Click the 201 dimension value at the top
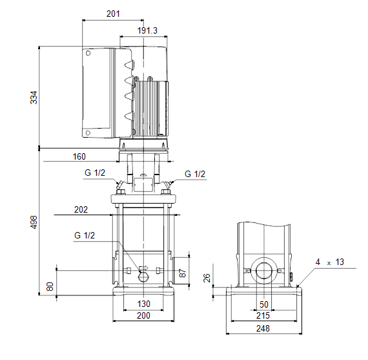113,14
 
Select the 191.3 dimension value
147,30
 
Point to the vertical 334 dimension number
34,98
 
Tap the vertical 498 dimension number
34,222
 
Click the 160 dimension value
79,157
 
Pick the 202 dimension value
81,209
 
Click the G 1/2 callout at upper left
95,173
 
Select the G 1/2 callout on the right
195,174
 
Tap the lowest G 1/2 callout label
85,235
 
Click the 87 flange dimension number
182,273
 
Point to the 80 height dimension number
50,287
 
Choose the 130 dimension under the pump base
143,304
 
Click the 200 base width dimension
143,315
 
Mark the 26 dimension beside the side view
207,278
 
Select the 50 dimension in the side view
264,304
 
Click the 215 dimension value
263,315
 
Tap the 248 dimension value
263,328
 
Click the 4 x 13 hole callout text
330,262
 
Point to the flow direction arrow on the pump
143,268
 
